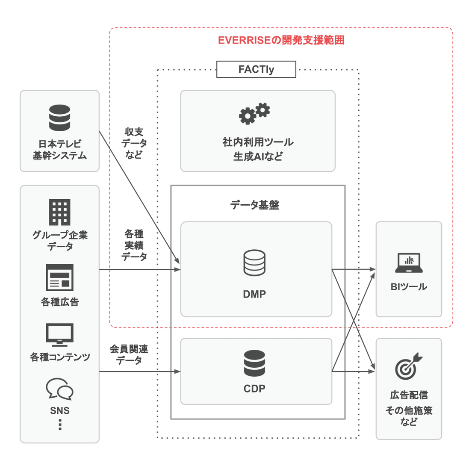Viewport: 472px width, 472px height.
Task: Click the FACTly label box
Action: (x=256, y=69)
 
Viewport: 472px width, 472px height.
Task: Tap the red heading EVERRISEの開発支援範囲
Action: (x=281, y=40)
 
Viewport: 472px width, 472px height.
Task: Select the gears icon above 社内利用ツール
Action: (x=254, y=113)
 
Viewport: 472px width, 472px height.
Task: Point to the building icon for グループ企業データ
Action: (x=59, y=212)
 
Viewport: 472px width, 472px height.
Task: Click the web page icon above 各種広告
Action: (x=59, y=277)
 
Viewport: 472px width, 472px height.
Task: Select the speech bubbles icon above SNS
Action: (x=59, y=388)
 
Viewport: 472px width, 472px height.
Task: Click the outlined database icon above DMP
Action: (x=254, y=263)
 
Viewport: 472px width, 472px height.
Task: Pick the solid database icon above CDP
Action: (x=254, y=363)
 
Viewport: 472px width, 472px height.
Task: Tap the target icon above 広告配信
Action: (x=408, y=366)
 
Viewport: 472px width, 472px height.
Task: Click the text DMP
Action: (x=254, y=294)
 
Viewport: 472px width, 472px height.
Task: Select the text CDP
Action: (x=254, y=389)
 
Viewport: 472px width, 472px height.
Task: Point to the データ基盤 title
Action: (x=254, y=205)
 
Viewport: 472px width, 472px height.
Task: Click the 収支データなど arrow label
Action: (x=134, y=143)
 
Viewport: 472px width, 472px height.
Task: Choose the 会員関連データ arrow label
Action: (x=129, y=355)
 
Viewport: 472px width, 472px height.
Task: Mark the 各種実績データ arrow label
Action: (x=134, y=245)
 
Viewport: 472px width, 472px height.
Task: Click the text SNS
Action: (x=59, y=411)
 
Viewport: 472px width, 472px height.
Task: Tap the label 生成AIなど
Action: (x=258, y=156)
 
